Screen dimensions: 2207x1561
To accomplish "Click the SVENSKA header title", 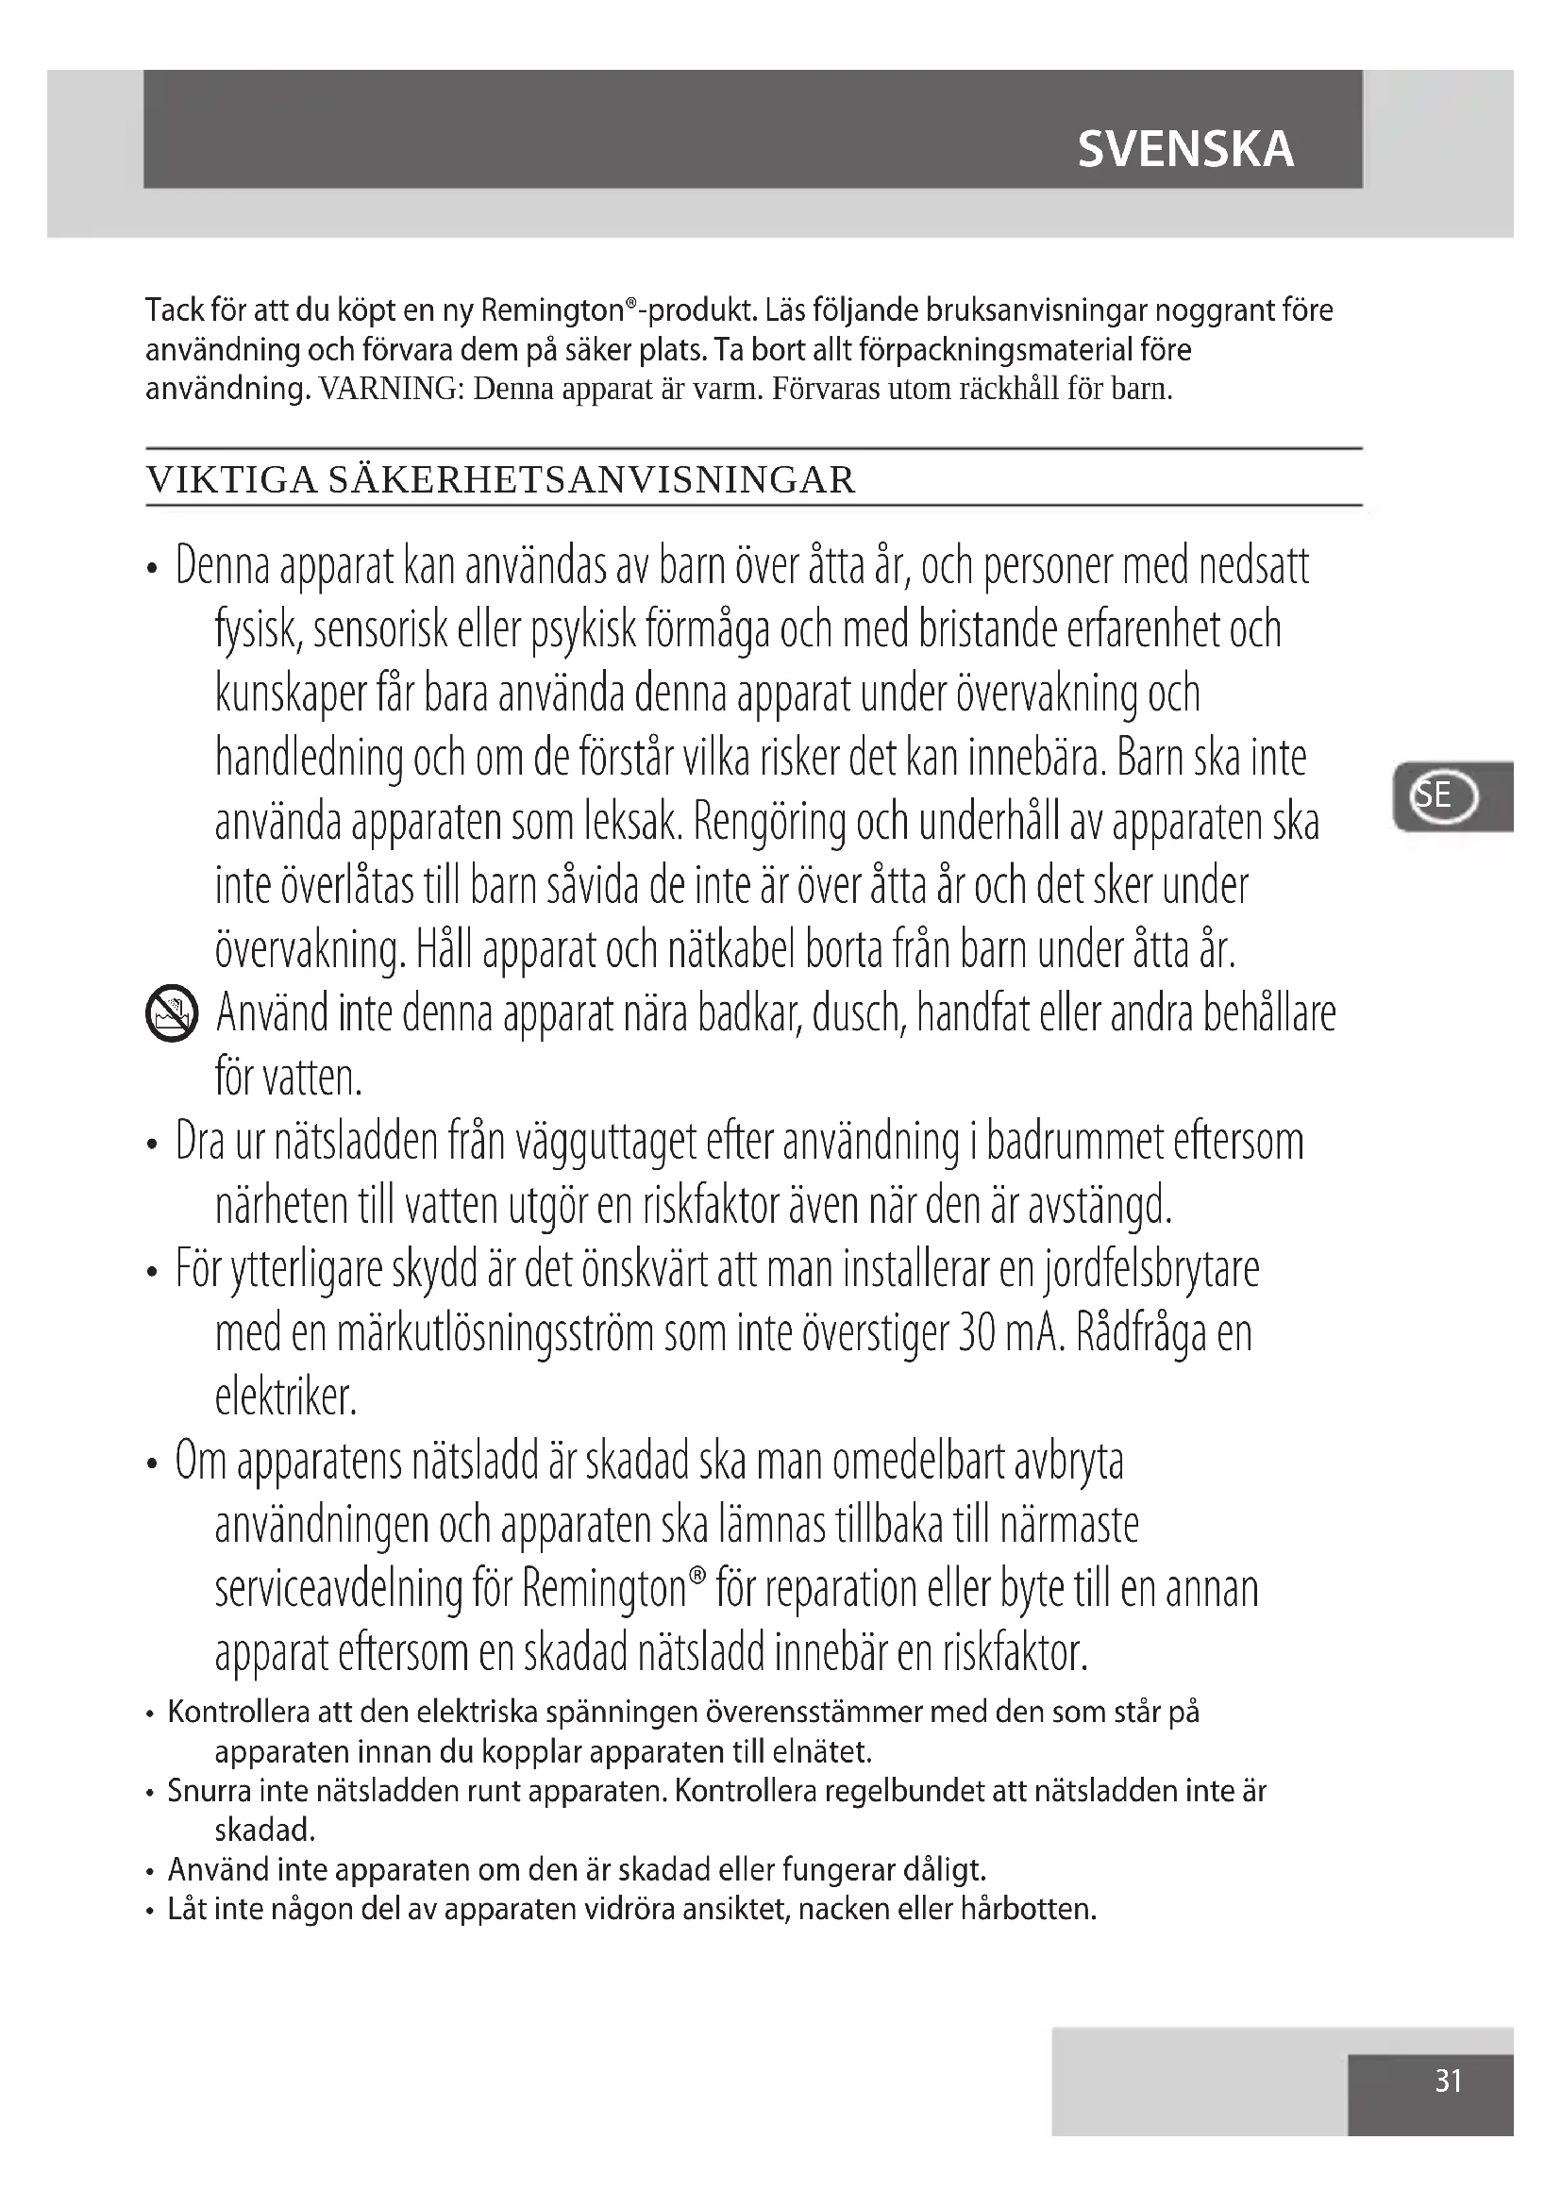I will [x=1185, y=150].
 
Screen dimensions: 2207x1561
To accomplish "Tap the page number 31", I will [x=1448, y=2081].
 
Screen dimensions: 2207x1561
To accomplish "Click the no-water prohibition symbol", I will [x=172, y=1014].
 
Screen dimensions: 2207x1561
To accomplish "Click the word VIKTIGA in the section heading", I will [x=231, y=479].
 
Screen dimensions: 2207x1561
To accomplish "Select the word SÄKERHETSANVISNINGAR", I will [x=591, y=479].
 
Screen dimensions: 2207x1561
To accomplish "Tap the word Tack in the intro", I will [x=174, y=310].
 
